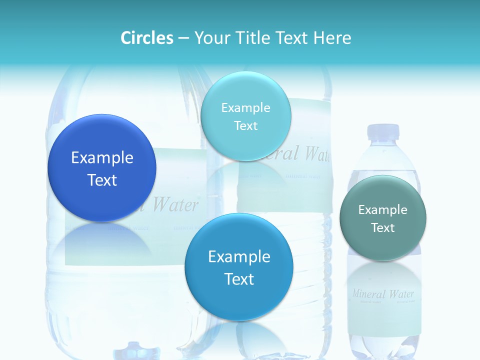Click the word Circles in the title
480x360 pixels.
tap(146, 38)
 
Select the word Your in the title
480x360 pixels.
tap(210, 38)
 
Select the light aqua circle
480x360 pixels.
tap(245, 90)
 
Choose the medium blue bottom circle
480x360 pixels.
tap(239, 300)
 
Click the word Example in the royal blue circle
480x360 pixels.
tap(102, 158)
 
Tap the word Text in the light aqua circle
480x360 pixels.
tap(245, 125)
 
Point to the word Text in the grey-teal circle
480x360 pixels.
tap(383, 227)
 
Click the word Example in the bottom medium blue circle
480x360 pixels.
tap(239, 257)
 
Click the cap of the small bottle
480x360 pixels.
tap(383, 131)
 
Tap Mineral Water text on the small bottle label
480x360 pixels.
tap(383, 293)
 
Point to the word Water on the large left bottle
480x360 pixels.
tap(175, 204)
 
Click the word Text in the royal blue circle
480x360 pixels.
tap(102, 180)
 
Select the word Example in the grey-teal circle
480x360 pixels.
tap(383, 209)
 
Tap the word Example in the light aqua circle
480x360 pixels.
tap(245, 107)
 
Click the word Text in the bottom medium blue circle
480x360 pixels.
tap(239, 279)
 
